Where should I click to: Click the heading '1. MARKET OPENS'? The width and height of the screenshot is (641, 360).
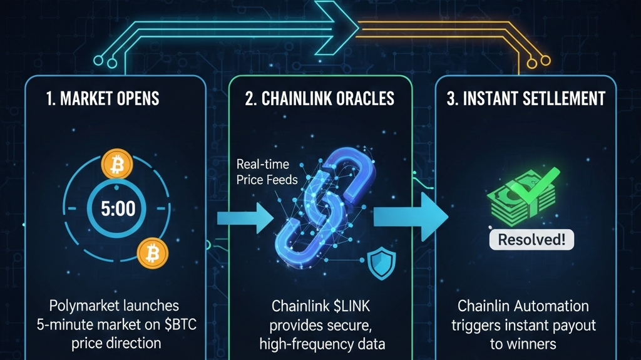click(x=103, y=99)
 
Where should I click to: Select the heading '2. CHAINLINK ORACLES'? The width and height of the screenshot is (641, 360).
click(x=320, y=99)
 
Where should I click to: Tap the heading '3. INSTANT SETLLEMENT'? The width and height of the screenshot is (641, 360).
click(x=526, y=99)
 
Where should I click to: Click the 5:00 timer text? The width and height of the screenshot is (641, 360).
click(x=118, y=208)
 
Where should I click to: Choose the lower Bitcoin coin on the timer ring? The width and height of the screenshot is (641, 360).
click(x=151, y=253)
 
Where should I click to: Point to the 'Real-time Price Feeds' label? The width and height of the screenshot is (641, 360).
click(x=263, y=172)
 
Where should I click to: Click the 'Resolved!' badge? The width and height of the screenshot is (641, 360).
click(x=531, y=239)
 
